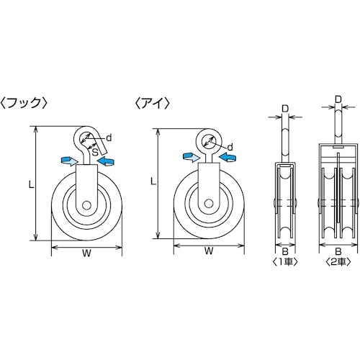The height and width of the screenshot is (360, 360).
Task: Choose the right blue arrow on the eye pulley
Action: click(x=229, y=156)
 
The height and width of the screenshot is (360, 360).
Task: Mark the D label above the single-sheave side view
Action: click(x=285, y=109)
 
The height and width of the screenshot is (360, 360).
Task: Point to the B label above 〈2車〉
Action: click(x=338, y=233)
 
